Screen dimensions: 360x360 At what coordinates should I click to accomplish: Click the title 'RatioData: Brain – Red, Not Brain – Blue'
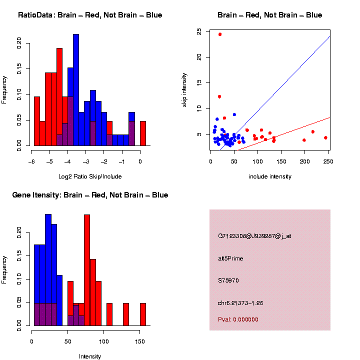click(90, 15)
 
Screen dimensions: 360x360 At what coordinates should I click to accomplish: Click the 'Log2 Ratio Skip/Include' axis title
click(90, 176)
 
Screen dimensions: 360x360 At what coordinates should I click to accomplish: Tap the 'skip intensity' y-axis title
click(184, 88)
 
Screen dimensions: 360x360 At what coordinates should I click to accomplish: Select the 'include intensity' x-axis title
click(269, 176)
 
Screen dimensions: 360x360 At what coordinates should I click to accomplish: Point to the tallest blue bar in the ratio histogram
click(76, 90)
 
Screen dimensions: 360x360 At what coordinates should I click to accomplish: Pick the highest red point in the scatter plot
click(220, 34)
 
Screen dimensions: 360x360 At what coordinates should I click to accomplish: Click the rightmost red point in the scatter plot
click(325, 137)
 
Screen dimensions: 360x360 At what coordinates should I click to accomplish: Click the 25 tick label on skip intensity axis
click(199, 31)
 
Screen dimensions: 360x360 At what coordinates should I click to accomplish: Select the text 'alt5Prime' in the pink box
click(230, 258)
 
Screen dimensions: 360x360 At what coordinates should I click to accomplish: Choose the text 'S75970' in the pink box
click(228, 280)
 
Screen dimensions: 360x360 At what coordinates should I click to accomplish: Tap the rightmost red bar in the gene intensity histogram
click(143, 314)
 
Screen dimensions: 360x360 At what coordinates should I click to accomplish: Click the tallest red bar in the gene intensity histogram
click(87, 270)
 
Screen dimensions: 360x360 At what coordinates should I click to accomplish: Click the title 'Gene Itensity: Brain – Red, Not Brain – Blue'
click(90, 195)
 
